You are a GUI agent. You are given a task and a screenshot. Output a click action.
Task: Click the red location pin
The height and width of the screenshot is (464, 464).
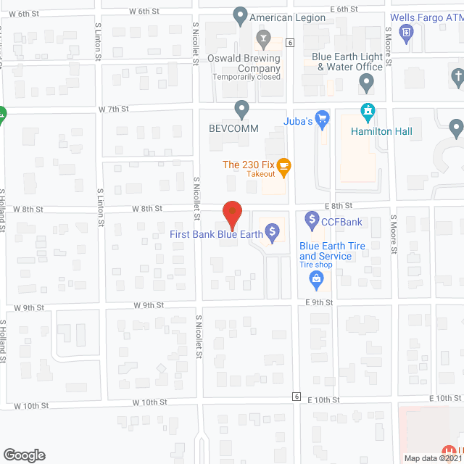pyautogui.click(x=231, y=215)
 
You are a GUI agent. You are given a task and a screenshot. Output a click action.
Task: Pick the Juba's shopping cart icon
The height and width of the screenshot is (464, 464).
pyautogui.click(x=323, y=120)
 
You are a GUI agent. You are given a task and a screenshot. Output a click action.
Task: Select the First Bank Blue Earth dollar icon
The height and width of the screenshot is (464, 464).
pyautogui.click(x=273, y=233)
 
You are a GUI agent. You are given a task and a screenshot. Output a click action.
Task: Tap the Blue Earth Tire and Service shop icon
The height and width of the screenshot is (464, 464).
pyautogui.click(x=315, y=278)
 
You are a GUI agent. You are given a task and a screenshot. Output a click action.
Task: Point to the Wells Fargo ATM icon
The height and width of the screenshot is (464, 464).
pyautogui.click(x=407, y=31)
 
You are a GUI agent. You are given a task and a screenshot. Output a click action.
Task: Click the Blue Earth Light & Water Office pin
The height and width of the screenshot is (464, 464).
pyautogui.click(x=367, y=85)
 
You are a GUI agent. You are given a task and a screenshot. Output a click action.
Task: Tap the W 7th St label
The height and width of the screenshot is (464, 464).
pyautogui.click(x=113, y=109)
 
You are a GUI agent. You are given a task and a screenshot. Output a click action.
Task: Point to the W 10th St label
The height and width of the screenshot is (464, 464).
pyautogui.click(x=149, y=401)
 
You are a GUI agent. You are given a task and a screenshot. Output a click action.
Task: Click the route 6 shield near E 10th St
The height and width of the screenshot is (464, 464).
pyautogui.click(x=296, y=396)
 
